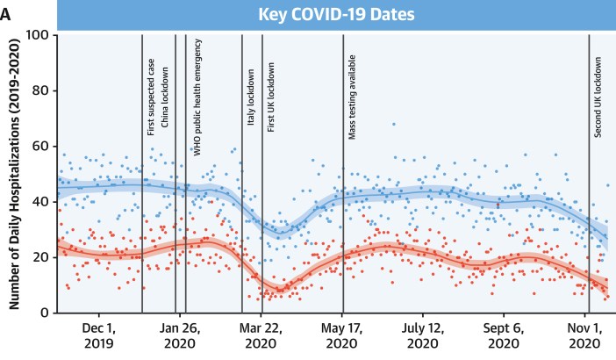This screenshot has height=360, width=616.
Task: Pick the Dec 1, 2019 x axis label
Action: [99, 335]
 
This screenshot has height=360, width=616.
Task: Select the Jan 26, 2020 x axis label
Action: [180, 335]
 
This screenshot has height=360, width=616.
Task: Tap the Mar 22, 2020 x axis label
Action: [261, 335]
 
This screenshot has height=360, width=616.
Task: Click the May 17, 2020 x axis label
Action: [343, 335]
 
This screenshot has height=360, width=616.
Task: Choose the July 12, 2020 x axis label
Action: [424, 335]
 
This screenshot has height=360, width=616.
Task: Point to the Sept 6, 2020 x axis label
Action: [505, 335]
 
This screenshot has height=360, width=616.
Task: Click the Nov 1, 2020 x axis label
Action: [584, 335]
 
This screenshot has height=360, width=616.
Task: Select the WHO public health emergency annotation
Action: [197, 97]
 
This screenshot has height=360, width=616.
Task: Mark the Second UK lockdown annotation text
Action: [598, 97]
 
